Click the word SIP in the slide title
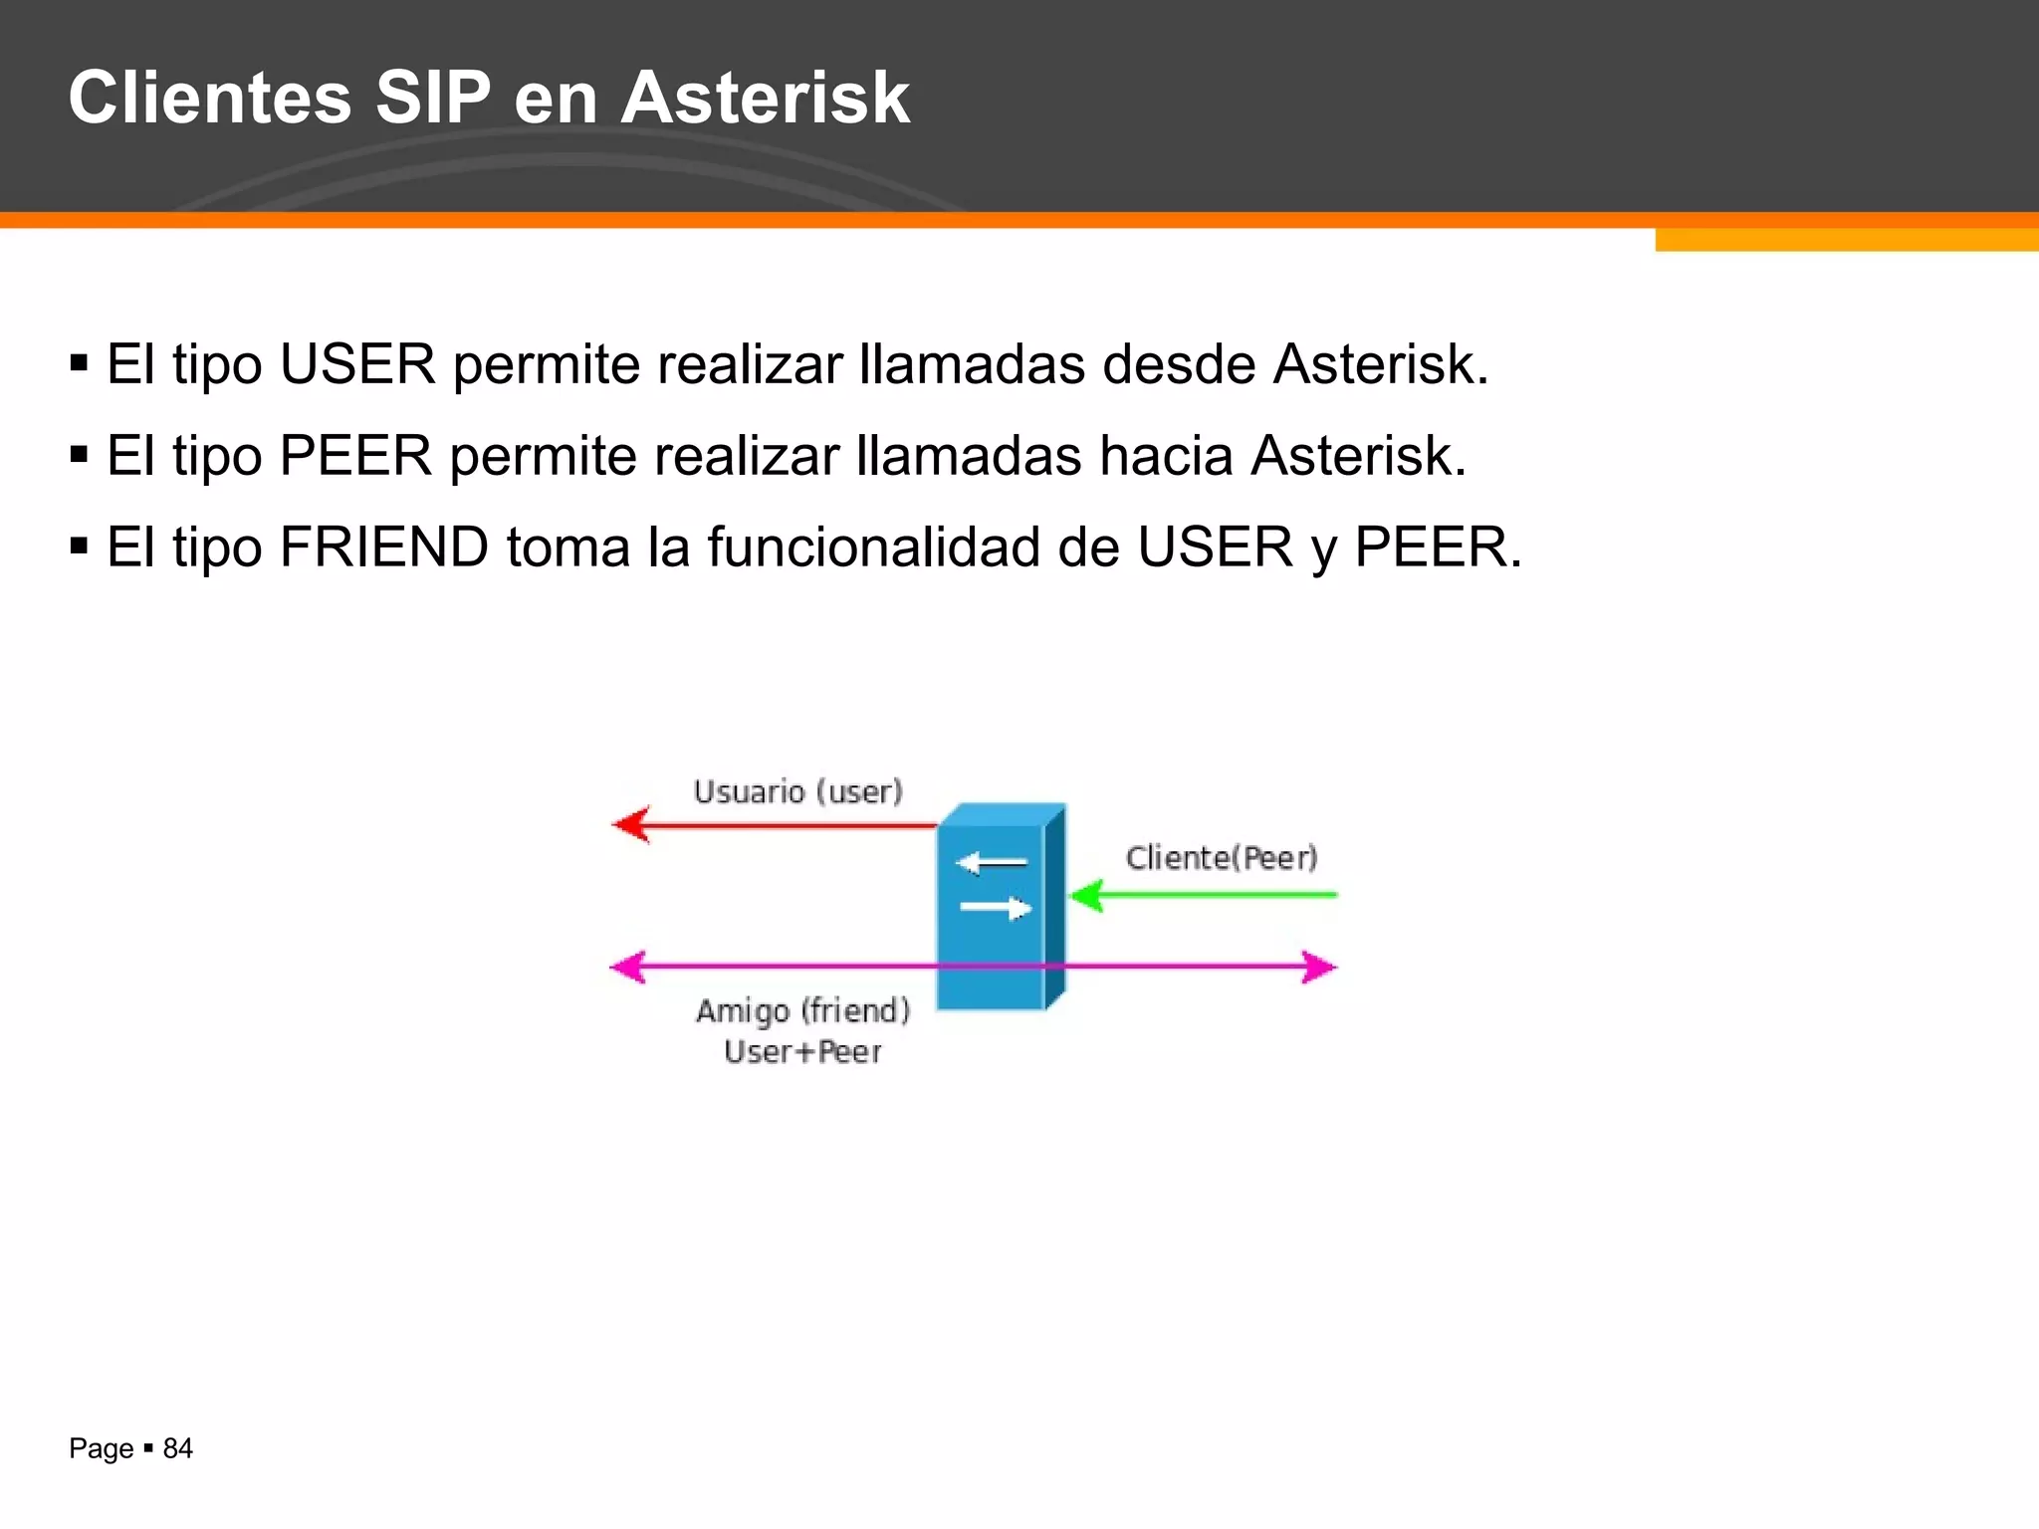pyautogui.click(x=432, y=98)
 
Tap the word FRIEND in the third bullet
pyautogui.click(x=383, y=547)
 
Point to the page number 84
pyautogui.click(x=177, y=1448)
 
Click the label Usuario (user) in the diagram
pyautogui.click(x=797, y=792)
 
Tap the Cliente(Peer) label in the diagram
pyautogui.click(x=1222, y=858)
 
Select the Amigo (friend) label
pyautogui.click(x=802, y=1011)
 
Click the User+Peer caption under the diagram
pyautogui.click(x=802, y=1052)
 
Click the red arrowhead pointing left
pyautogui.click(x=630, y=824)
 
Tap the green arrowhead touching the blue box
pyautogui.click(x=1085, y=895)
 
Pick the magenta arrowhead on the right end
pyautogui.click(x=1319, y=967)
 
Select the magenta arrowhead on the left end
pyautogui.click(x=628, y=967)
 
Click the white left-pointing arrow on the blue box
pyautogui.click(x=990, y=863)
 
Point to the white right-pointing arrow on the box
pyautogui.click(x=995, y=908)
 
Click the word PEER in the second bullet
pyautogui.click(x=355, y=456)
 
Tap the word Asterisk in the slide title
pyautogui.click(x=765, y=98)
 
